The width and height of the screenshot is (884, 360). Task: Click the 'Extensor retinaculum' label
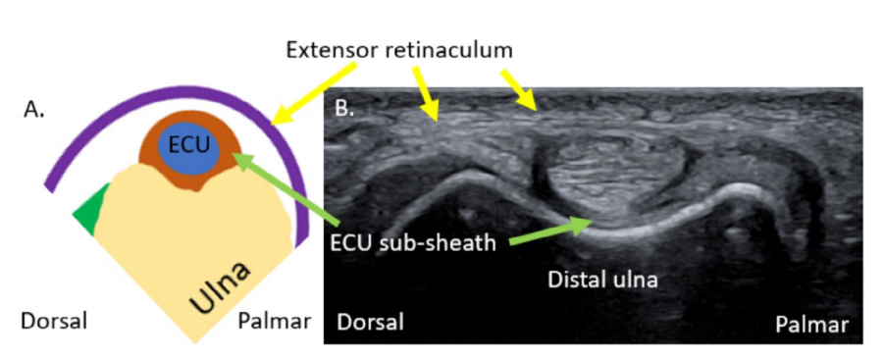pyautogui.click(x=399, y=50)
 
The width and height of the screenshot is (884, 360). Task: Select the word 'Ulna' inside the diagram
pyautogui.click(x=220, y=287)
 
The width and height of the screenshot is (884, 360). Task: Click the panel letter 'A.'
pyautogui.click(x=33, y=110)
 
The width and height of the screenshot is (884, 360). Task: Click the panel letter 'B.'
pyautogui.click(x=345, y=107)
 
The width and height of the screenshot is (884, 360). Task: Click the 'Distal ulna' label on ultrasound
pyautogui.click(x=602, y=279)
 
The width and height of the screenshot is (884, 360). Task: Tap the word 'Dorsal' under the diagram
pyautogui.click(x=54, y=321)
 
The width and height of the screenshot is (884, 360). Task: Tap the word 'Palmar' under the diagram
pyautogui.click(x=274, y=321)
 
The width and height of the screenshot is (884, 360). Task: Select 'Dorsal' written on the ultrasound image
pyautogui.click(x=371, y=323)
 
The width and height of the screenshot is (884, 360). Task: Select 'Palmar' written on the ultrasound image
pyautogui.click(x=811, y=325)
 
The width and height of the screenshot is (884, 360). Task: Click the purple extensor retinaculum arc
pyautogui.click(x=175, y=90)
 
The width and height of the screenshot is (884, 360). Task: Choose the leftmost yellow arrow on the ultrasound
pyautogui.click(x=427, y=94)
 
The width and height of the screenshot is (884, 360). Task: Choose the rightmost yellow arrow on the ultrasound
pyautogui.click(x=519, y=89)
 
